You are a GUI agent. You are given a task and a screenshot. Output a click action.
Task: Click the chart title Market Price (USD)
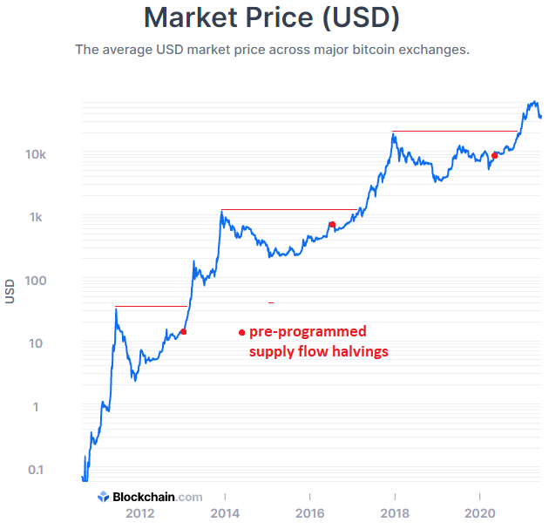(x=273, y=17)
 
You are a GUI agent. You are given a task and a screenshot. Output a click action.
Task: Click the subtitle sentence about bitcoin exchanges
(x=273, y=50)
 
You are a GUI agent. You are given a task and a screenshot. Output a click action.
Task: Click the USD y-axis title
(x=10, y=290)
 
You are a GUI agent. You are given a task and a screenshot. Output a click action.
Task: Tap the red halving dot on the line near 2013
(x=183, y=331)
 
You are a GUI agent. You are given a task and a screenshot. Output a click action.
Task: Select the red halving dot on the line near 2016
(x=332, y=225)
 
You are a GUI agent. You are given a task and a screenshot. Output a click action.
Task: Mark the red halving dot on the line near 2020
(x=494, y=155)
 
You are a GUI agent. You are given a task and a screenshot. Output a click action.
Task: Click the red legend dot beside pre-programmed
(x=241, y=332)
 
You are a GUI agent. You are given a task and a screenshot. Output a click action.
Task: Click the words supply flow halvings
(x=318, y=352)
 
